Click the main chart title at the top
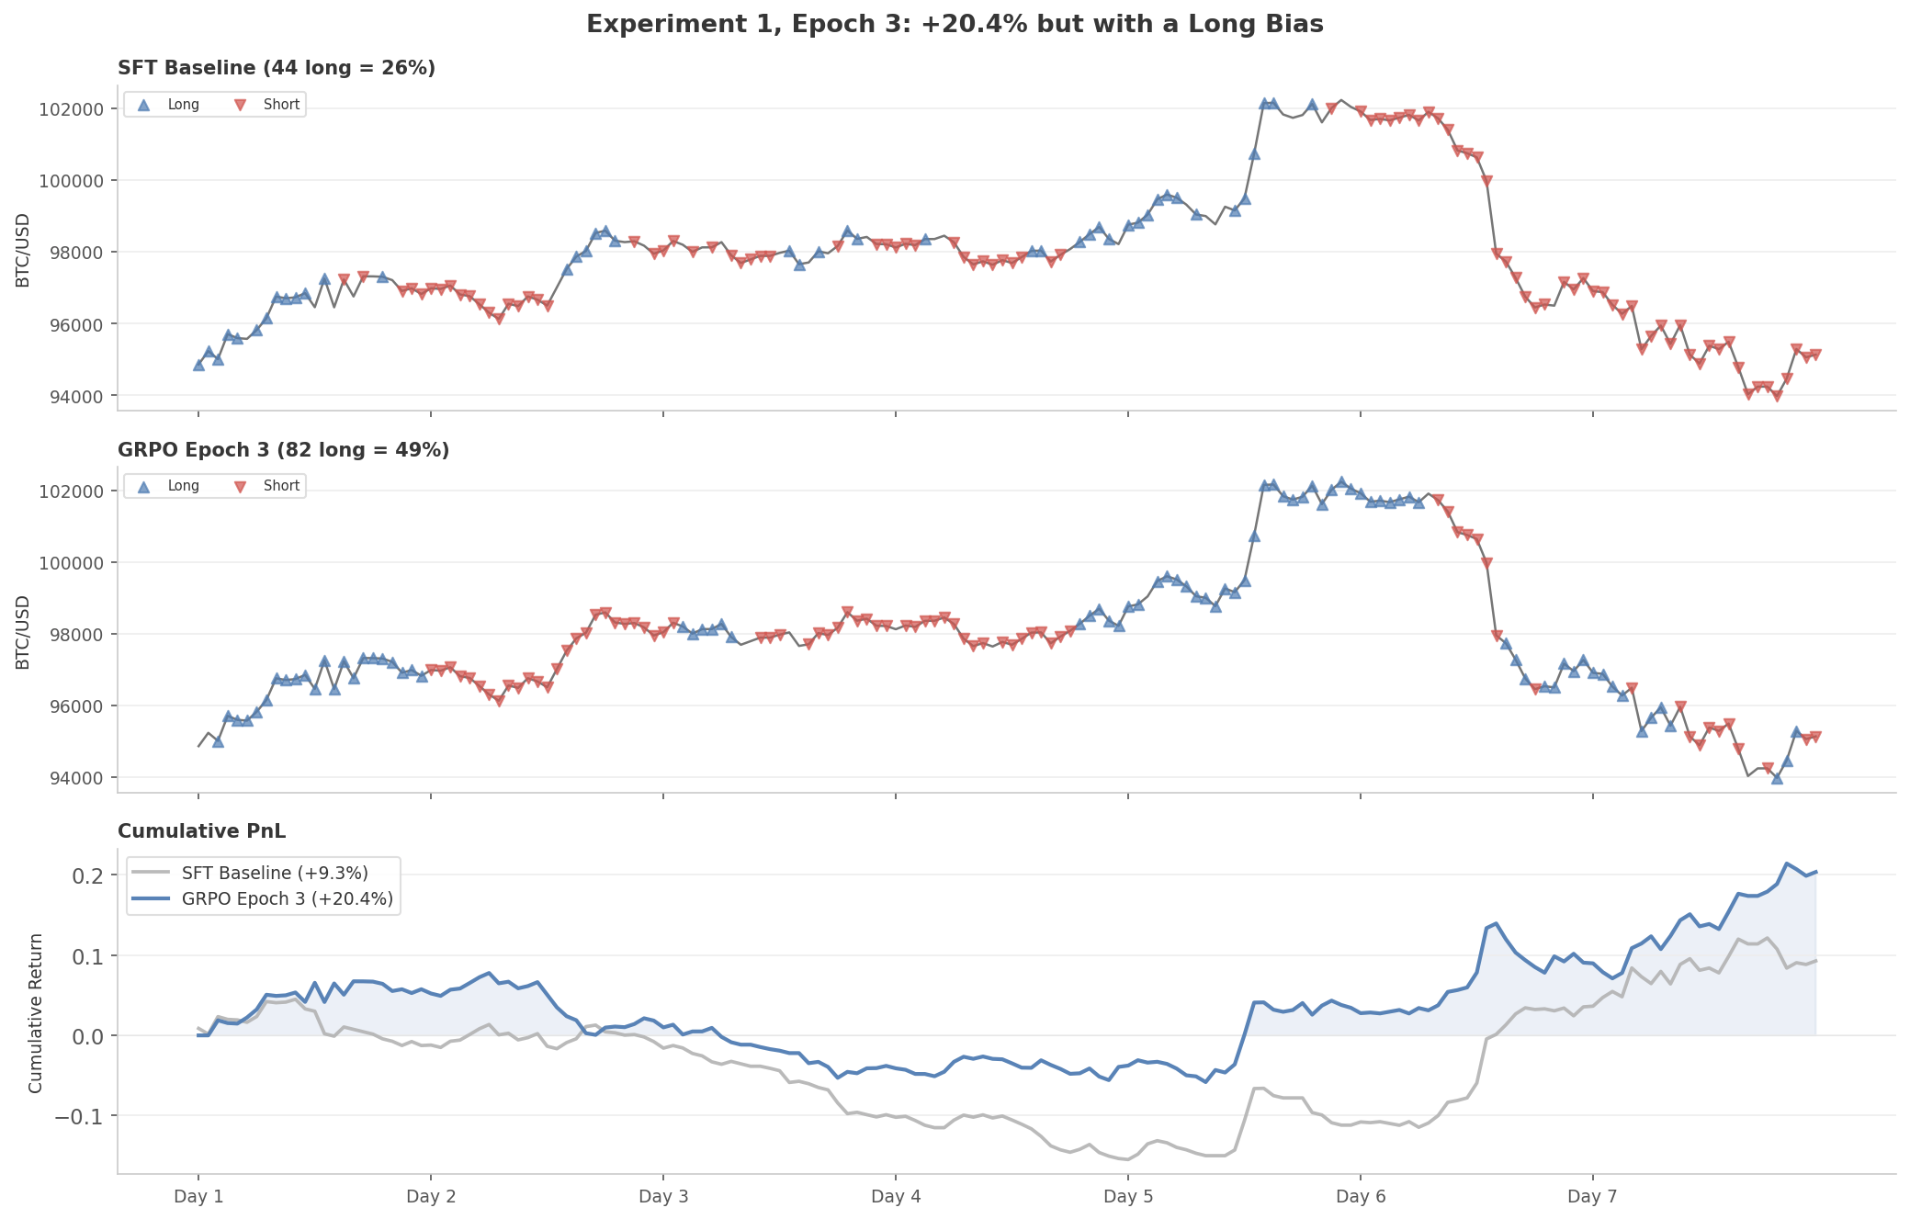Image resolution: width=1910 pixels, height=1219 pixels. (x=955, y=25)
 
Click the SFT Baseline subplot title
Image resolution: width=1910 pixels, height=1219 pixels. (x=276, y=68)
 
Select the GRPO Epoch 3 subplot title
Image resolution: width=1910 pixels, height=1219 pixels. (x=283, y=450)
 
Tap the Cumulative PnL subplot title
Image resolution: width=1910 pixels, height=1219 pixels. (x=201, y=831)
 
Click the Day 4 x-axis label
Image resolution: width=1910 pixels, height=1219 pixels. (x=895, y=1196)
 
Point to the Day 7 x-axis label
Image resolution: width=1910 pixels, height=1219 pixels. (x=1592, y=1196)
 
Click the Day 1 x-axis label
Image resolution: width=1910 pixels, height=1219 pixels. (x=198, y=1196)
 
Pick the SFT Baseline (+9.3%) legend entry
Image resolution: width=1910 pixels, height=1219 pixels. (x=274, y=873)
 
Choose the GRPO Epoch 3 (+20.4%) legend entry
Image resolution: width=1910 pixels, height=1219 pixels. (x=287, y=898)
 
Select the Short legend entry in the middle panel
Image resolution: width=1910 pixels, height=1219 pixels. (x=281, y=486)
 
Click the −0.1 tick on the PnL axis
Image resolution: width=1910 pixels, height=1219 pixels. (x=82, y=1116)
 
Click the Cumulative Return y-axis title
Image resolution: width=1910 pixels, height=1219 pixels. (x=36, y=1013)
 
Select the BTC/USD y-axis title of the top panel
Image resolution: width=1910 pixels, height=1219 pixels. (x=23, y=250)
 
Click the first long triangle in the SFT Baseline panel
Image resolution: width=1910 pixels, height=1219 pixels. (x=198, y=365)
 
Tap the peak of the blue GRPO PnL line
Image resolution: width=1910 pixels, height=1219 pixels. (x=1786, y=863)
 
